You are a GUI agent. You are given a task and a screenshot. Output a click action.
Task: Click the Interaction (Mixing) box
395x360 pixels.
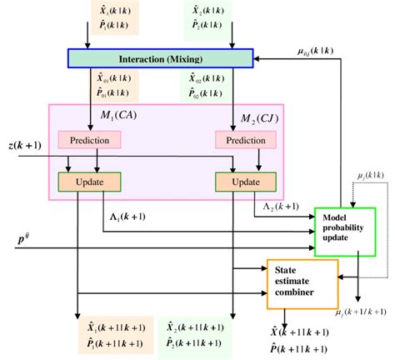[x=159, y=58]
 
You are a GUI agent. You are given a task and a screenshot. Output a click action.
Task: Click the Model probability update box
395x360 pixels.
[x=345, y=230]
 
